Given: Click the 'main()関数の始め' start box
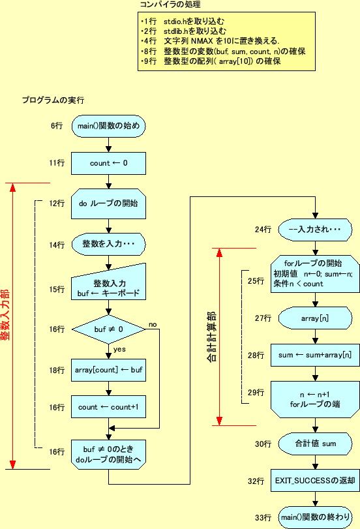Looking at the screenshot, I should [x=108, y=126].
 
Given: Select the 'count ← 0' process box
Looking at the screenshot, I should [x=108, y=163].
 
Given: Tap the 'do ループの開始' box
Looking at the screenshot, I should [x=108, y=204].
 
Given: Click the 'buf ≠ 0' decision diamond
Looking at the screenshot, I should [x=108, y=329].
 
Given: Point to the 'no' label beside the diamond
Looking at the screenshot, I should [x=153, y=324].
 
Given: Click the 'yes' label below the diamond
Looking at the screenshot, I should [x=120, y=349].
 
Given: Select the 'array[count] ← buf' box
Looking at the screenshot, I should [x=108, y=370].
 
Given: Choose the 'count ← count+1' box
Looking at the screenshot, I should [x=108, y=407].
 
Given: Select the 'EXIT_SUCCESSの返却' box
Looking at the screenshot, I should [x=315, y=481].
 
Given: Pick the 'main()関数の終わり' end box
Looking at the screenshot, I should [x=315, y=517].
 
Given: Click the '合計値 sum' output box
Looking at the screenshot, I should [x=315, y=444].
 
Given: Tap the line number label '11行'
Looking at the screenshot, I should [x=57, y=163].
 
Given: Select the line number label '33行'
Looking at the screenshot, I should [x=263, y=517].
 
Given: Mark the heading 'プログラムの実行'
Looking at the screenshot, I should [x=52, y=100].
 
